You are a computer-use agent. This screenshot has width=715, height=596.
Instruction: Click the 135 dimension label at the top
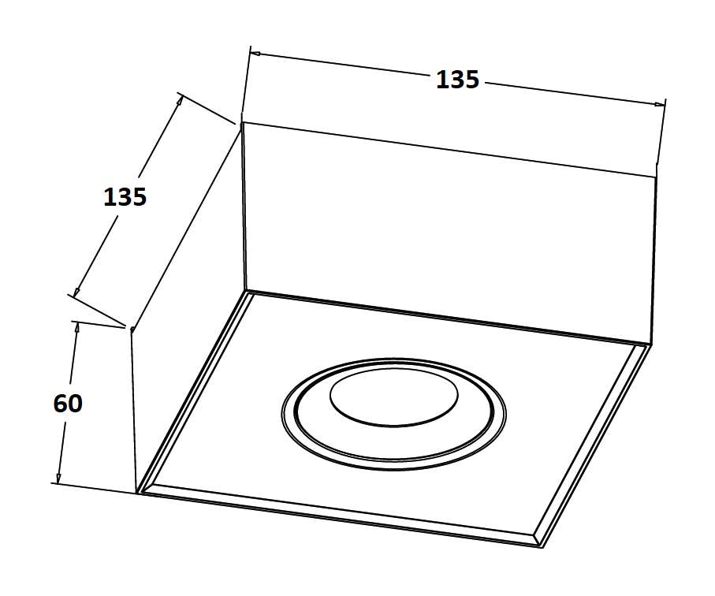(457, 80)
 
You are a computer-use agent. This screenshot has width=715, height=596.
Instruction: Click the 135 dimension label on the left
(125, 196)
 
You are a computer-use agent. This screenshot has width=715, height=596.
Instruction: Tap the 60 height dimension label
(68, 404)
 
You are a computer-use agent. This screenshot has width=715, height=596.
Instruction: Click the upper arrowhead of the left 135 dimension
(180, 100)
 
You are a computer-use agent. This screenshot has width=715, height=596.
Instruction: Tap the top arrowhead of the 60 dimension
(76, 329)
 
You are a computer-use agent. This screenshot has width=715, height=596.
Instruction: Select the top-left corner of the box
(241, 122)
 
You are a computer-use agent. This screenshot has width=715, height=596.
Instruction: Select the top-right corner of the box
(657, 177)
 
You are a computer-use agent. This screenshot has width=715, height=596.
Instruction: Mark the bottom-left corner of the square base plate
(139, 493)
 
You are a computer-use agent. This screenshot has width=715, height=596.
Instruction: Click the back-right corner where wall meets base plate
(651, 345)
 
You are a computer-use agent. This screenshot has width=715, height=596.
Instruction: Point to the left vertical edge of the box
(133, 410)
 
